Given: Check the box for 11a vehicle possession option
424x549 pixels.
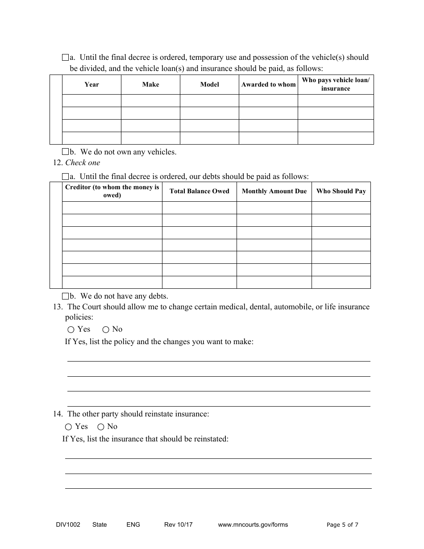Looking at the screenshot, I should click(65, 58).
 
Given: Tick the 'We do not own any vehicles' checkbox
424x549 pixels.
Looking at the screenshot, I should click(65, 152).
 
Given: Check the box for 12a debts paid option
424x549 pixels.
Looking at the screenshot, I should click(65, 176).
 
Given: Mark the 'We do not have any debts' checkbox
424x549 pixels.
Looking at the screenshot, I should click(65, 296).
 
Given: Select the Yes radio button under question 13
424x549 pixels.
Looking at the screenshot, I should click(71, 330).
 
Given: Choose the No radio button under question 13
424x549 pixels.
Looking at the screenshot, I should click(106, 330).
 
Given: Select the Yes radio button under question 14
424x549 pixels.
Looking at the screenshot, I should click(68, 427).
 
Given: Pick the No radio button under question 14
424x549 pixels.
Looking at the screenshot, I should click(100, 427).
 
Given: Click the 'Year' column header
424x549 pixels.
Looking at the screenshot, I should click(91, 84).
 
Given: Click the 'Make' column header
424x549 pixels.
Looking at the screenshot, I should click(150, 84).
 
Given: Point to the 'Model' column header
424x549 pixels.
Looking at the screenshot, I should click(209, 84).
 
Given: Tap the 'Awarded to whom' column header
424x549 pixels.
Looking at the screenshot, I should click(268, 84).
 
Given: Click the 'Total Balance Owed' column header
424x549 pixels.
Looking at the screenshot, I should click(199, 191).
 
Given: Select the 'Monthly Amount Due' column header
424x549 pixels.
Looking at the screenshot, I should click(274, 191).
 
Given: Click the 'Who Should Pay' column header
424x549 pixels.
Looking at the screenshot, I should click(341, 191).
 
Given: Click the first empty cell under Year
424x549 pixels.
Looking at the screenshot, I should click(91, 100).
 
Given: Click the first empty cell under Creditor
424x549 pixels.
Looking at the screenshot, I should click(112, 208).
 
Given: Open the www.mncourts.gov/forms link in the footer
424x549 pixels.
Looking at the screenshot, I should click(253, 524).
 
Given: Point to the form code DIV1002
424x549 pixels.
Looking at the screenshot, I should click(65, 524).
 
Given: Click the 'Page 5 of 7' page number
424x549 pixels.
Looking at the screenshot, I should click(342, 525).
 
